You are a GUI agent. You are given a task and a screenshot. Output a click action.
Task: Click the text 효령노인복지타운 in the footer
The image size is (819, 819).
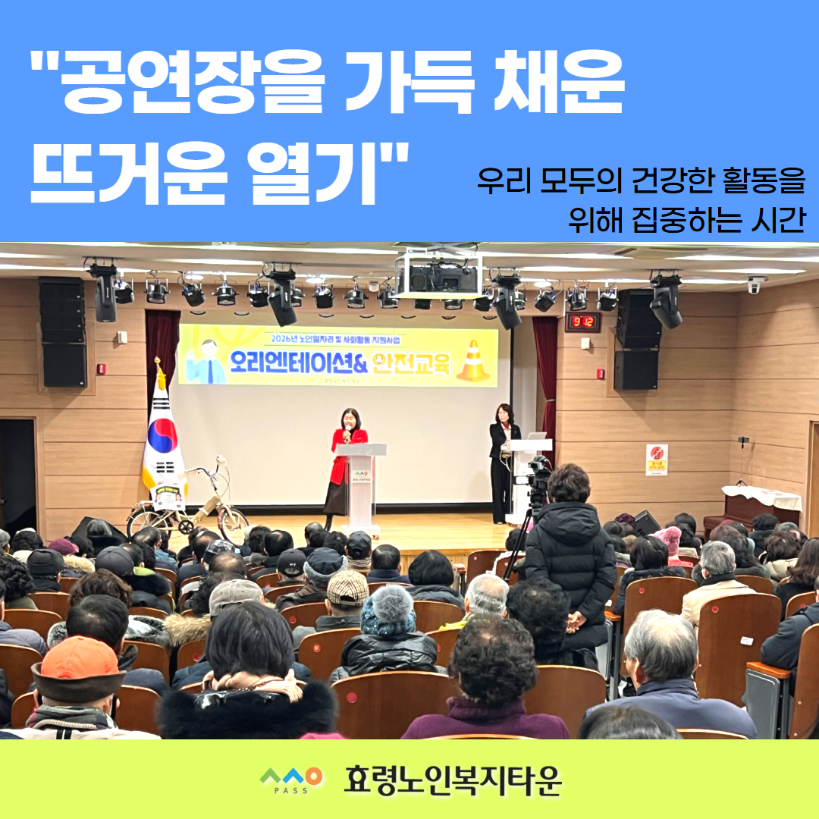click(453, 780)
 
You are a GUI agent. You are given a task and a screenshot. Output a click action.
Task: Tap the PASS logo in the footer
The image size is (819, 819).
click(291, 779)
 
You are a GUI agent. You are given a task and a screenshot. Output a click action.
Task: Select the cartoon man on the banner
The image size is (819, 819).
click(207, 362)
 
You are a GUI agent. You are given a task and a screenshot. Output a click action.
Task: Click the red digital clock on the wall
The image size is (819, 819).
click(582, 322)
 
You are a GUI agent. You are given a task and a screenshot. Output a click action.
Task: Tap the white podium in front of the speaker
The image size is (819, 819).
click(361, 485)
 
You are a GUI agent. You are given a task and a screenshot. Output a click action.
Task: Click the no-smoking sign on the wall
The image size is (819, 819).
click(656, 460)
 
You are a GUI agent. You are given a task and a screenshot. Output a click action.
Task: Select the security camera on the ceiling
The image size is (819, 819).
click(756, 284)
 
